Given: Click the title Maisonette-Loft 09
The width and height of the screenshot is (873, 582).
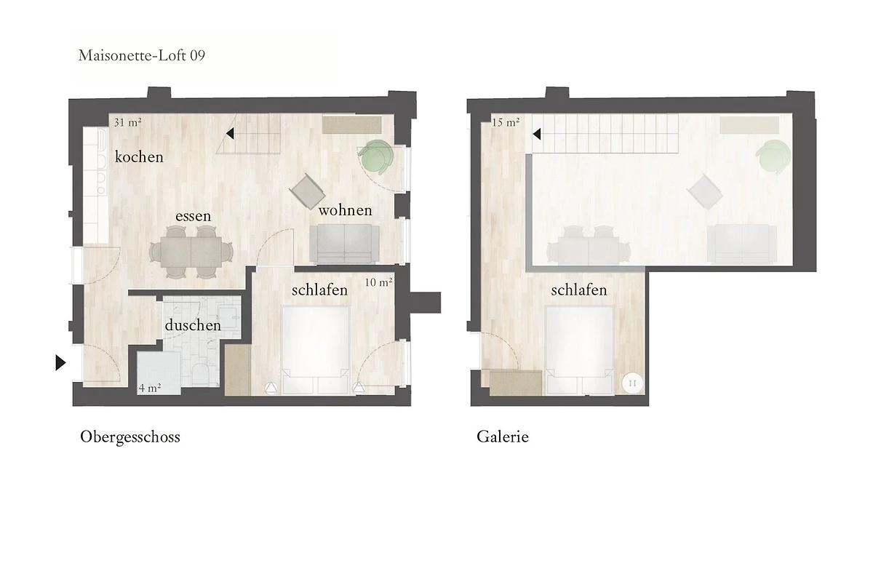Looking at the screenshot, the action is pyautogui.click(x=141, y=56).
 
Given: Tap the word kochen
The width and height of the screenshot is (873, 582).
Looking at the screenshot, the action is pyautogui.click(x=139, y=157).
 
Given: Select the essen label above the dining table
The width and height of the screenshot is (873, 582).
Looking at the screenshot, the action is pyautogui.click(x=194, y=216).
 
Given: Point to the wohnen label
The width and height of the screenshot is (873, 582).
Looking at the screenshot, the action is pyautogui.click(x=346, y=210).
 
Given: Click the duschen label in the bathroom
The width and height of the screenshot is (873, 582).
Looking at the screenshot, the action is pyautogui.click(x=193, y=325).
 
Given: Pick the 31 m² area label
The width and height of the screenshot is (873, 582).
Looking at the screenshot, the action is pyautogui.click(x=127, y=122).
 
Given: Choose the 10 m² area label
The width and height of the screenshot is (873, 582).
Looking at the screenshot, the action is pyautogui.click(x=378, y=282).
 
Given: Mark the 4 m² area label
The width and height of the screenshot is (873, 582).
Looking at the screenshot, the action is pyautogui.click(x=150, y=388).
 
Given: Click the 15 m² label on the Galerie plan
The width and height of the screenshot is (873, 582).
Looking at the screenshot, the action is pyautogui.click(x=506, y=122).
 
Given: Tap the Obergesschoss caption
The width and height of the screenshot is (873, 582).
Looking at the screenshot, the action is pyautogui.click(x=130, y=437).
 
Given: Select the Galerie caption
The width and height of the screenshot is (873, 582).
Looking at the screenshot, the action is pyautogui.click(x=503, y=436).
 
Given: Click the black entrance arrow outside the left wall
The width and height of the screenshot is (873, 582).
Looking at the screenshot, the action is pyautogui.click(x=60, y=362).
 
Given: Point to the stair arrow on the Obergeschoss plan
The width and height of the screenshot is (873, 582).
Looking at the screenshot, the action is pyautogui.click(x=230, y=134).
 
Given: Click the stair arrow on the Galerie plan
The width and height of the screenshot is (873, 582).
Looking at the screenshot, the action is pyautogui.click(x=537, y=134).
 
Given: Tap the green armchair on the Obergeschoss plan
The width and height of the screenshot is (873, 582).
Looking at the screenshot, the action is pyautogui.click(x=375, y=156).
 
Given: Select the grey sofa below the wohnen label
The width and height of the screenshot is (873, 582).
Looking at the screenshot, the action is pyautogui.click(x=345, y=244).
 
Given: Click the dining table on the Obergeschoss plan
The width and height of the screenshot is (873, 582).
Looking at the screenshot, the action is pyautogui.click(x=191, y=252).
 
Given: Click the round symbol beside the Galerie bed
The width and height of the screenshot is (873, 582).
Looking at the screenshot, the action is pyautogui.click(x=632, y=383).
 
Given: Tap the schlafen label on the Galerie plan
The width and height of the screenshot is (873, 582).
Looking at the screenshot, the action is pyautogui.click(x=579, y=290).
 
